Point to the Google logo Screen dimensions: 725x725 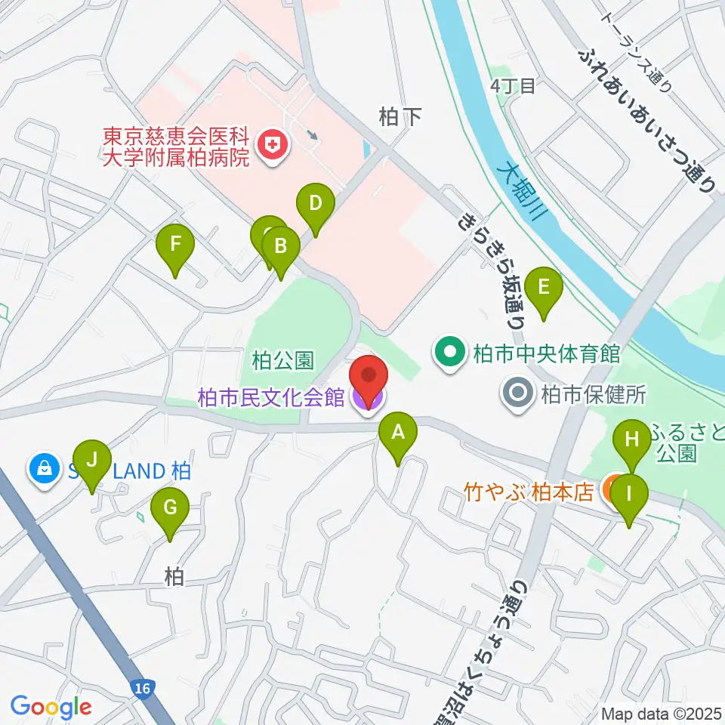(x=51, y=707)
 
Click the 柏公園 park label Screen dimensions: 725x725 (x=282, y=361)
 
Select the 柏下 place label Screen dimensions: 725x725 (x=399, y=115)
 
